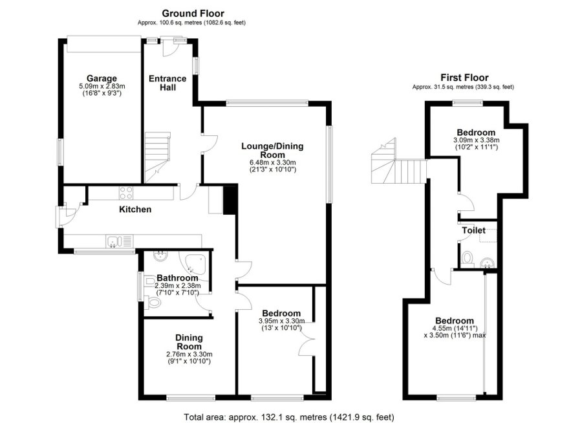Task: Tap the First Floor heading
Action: (x=464, y=77)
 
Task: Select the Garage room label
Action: (x=102, y=79)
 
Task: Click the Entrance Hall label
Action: (x=167, y=83)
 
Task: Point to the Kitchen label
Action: (x=135, y=210)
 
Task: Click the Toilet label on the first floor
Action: (x=473, y=230)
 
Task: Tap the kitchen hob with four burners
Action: (x=125, y=192)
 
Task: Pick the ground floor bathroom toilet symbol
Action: (x=153, y=301)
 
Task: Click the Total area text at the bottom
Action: (x=289, y=417)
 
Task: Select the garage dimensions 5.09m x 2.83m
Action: (x=102, y=86)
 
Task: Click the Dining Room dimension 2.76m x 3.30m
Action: (x=189, y=354)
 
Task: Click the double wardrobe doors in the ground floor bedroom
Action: (x=306, y=337)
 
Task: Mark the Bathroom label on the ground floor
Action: (x=177, y=278)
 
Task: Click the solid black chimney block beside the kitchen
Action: (x=230, y=199)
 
